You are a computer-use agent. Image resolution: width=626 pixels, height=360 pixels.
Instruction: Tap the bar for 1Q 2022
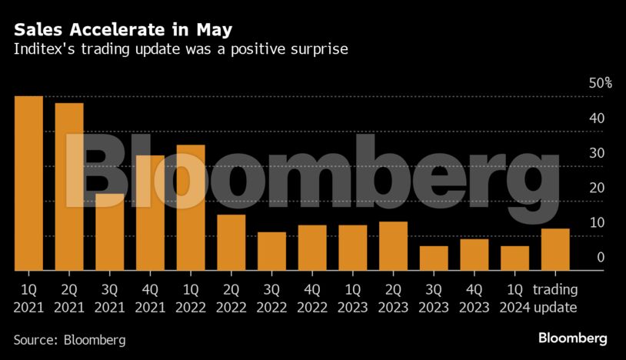click(x=191, y=208)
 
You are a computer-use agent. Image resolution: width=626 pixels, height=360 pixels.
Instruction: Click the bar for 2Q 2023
click(x=393, y=246)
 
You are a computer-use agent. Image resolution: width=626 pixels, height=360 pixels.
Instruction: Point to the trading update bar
click(x=555, y=249)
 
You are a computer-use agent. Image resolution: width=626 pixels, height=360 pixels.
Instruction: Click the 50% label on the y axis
click(x=600, y=83)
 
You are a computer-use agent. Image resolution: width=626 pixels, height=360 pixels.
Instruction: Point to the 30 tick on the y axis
click(x=596, y=153)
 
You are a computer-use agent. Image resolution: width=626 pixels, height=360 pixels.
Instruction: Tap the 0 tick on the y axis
click(x=600, y=258)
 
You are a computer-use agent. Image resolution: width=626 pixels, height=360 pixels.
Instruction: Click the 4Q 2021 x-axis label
click(x=150, y=299)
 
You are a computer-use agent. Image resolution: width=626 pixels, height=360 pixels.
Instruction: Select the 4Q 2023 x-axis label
click(x=474, y=299)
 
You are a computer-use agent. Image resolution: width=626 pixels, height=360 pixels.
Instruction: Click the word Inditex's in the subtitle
click(x=40, y=49)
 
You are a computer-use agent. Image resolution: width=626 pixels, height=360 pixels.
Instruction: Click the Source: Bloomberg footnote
click(x=69, y=339)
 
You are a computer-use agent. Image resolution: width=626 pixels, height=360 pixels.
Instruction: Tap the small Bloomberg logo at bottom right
click(x=572, y=338)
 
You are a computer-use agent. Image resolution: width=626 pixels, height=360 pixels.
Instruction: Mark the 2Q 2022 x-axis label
click(x=231, y=299)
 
